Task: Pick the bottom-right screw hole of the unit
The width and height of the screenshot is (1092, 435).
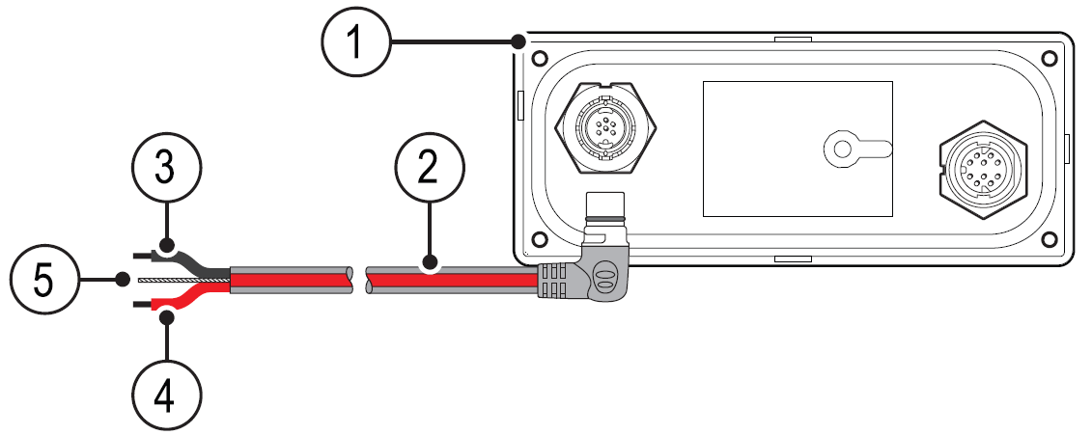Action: click(1049, 237)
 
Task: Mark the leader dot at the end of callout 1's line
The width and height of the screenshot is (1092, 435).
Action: click(519, 41)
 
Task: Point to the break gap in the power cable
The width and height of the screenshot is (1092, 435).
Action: click(358, 280)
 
